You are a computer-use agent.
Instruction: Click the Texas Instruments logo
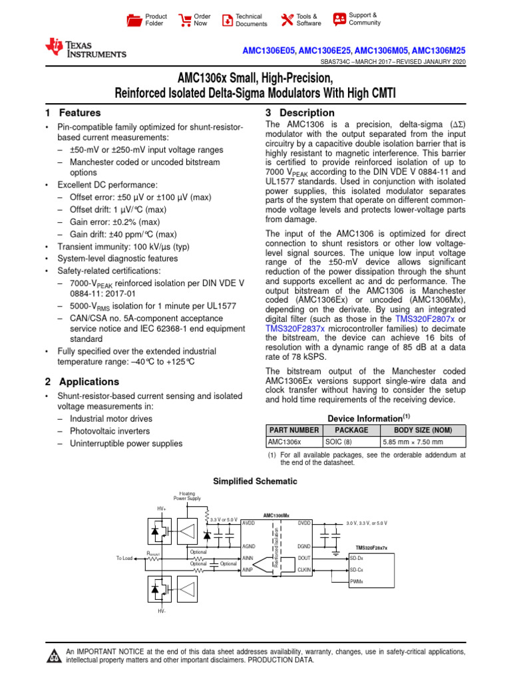point(85,48)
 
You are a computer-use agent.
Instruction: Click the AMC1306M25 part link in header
point(439,50)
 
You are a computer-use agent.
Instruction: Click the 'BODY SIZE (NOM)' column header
point(422,430)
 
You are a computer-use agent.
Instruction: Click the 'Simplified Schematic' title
point(255,481)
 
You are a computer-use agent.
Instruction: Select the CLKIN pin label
point(304,570)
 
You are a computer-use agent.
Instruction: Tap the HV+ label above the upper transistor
point(161,509)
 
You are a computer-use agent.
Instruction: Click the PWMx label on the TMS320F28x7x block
point(357,581)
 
